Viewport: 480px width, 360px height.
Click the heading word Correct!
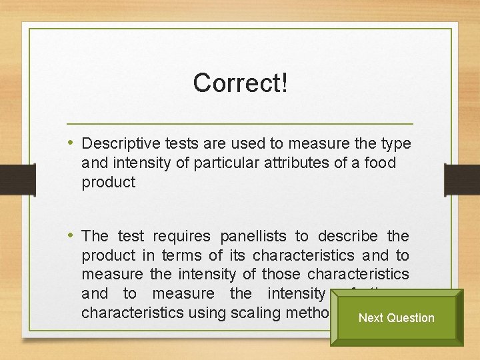coord(240,83)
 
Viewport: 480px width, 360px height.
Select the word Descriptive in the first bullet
coord(117,144)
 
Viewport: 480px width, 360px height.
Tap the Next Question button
coord(396,318)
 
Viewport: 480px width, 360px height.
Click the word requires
coord(180,237)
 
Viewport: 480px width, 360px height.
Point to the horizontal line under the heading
coord(240,124)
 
